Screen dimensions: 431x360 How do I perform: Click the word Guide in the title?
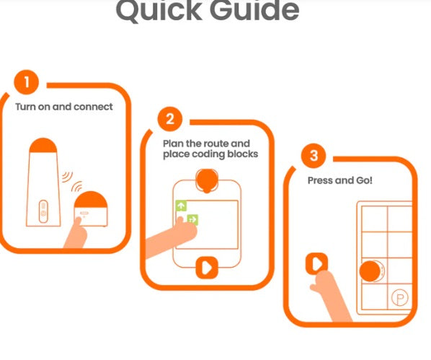tap(254, 10)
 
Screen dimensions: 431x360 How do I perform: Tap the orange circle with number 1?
tap(27, 82)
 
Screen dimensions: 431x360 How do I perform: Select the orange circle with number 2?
tap(170, 119)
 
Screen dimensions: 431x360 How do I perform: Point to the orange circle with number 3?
tap(314, 156)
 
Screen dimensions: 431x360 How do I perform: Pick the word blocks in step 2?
tap(243, 154)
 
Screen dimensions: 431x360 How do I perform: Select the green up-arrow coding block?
tap(181, 206)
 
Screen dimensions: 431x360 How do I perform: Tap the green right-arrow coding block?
tap(192, 219)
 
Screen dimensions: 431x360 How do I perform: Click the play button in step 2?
tap(207, 268)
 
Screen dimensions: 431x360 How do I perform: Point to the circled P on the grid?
tap(400, 297)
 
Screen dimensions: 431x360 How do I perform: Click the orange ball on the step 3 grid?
tap(370, 271)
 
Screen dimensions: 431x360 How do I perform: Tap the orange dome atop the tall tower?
tap(43, 145)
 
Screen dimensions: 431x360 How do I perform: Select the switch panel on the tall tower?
tap(43, 211)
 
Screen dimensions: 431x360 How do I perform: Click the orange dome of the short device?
tap(91, 200)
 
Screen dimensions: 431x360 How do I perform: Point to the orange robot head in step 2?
tap(208, 180)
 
